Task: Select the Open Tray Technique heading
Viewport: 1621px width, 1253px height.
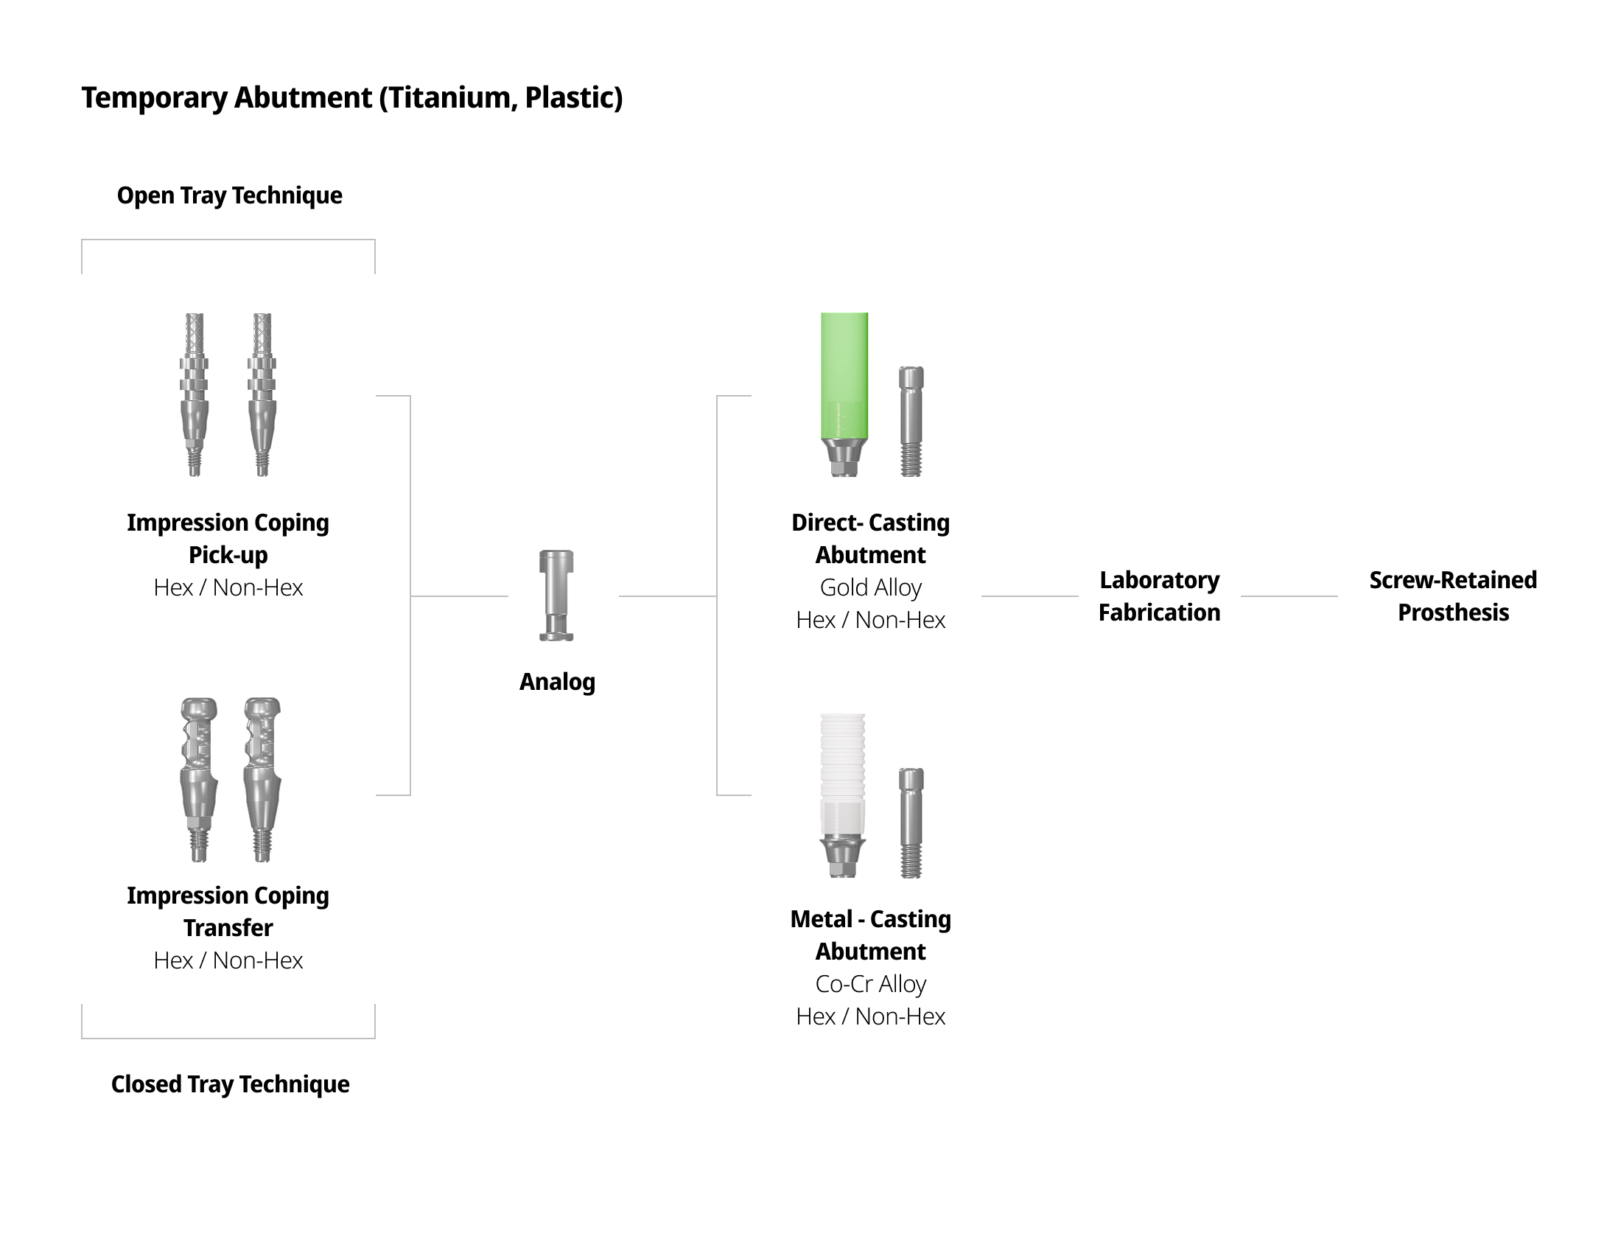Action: coord(229,195)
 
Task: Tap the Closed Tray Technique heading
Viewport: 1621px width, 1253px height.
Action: coord(230,1083)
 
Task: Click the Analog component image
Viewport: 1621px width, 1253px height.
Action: coord(556,596)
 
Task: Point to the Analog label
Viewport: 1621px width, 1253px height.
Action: coord(556,682)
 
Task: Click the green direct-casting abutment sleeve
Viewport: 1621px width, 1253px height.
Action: coord(844,376)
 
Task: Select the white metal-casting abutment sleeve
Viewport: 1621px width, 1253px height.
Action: coord(842,772)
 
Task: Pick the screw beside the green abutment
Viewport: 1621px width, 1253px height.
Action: coord(911,421)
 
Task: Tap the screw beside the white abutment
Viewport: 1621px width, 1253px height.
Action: coord(911,823)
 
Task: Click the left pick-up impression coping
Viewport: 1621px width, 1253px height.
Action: coord(195,394)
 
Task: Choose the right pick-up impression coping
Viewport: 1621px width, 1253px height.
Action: coord(262,394)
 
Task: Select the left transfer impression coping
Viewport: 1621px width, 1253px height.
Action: coord(198,779)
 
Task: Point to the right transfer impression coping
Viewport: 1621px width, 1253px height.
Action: coord(262,779)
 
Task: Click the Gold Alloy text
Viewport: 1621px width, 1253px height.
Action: coord(871,588)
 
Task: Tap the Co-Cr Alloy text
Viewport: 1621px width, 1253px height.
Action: coord(871,984)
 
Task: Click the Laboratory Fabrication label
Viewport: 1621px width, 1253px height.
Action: coord(1159,596)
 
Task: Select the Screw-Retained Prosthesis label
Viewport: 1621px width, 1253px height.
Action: coord(1452,596)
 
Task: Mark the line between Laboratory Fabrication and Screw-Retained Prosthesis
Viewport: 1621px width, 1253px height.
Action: coord(1289,596)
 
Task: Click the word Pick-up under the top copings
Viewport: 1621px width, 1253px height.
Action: coord(228,555)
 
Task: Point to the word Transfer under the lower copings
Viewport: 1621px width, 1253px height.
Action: coord(228,928)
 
